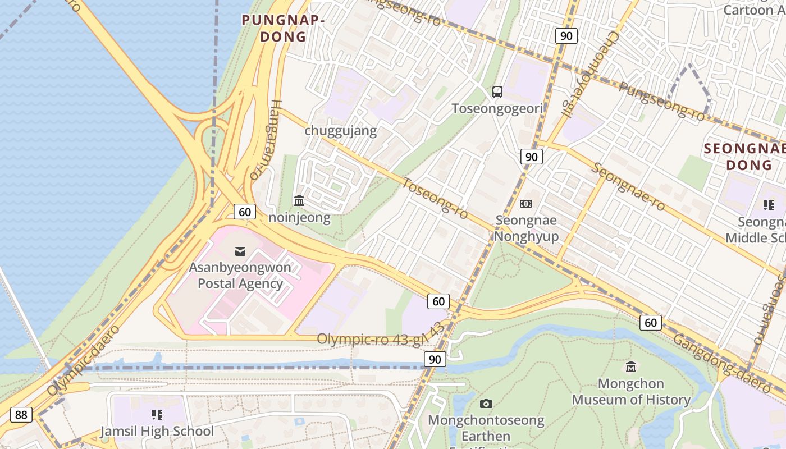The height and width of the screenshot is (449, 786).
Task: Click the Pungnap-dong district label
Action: point(283,29)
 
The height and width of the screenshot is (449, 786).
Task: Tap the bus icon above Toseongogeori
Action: point(497,92)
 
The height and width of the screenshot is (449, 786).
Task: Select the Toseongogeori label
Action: point(497,108)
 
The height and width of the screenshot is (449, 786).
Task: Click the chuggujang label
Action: point(340,131)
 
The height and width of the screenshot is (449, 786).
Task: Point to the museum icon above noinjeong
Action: point(299,200)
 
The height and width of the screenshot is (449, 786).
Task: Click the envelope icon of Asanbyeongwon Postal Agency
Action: point(240,251)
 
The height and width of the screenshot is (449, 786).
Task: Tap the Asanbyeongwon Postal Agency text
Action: point(240,275)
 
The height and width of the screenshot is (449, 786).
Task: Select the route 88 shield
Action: point(21,415)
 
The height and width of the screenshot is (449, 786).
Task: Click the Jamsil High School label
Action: point(157,431)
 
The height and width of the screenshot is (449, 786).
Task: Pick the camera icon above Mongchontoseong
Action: point(486,404)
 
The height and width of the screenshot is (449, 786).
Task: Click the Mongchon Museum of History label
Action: point(631,392)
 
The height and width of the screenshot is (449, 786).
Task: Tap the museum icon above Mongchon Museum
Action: point(631,367)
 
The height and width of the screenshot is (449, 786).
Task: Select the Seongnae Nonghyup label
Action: point(526,228)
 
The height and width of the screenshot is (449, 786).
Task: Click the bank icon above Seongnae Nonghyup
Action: point(526,204)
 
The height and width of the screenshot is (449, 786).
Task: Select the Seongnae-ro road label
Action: point(628,187)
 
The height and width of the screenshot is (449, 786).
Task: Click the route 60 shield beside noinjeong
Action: point(245,212)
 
